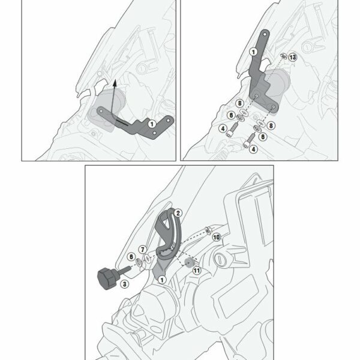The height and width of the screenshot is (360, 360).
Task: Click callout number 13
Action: pos(293,57)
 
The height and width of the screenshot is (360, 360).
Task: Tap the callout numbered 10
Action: pos(216,237)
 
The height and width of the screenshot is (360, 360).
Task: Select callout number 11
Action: pos(197,271)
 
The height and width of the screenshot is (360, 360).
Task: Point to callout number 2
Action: pos(178,213)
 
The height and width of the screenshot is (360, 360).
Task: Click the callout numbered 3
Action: pos(124,284)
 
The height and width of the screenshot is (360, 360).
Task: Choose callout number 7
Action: pos(143,250)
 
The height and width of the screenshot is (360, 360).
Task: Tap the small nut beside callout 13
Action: pos(284,55)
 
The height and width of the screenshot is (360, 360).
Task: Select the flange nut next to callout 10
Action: pos(208,230)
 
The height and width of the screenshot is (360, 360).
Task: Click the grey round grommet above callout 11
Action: pos(189,262)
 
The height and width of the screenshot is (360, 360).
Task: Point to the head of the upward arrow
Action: pos(115,83)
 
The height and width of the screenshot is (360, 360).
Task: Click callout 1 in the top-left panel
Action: pos(152,124)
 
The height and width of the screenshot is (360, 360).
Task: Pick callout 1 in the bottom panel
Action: pos(162,280)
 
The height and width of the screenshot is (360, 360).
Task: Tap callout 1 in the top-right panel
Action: pos(253,52)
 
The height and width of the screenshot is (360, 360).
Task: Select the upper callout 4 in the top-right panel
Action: pos(223,128)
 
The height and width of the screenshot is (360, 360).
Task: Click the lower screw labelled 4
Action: pos(248,140)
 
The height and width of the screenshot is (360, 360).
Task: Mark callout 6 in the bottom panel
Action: pos(131,256)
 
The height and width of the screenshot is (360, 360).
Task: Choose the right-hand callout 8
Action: pos(271,125)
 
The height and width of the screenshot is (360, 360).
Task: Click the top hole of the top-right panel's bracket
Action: pos(265,34)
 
